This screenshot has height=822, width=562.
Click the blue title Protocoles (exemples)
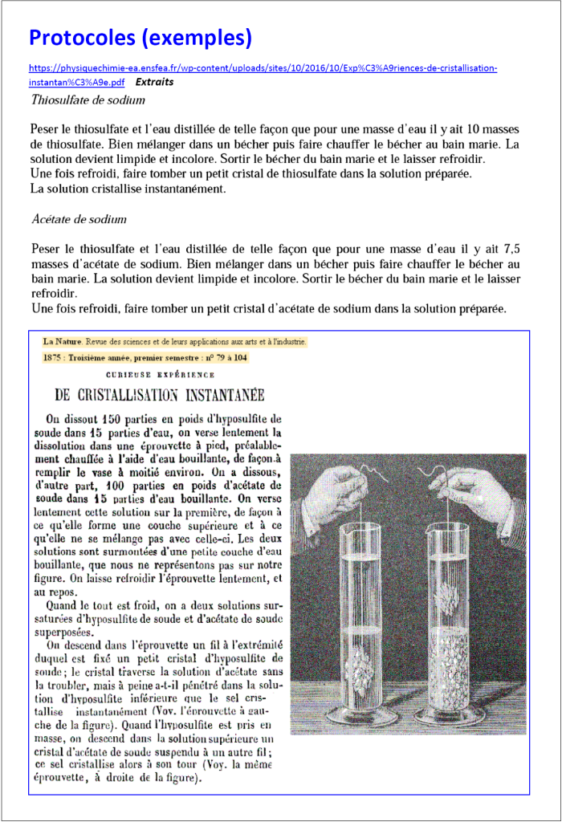coord(140,37)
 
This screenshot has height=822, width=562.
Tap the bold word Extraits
coord(155,82)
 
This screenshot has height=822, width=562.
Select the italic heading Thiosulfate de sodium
coord(88,100)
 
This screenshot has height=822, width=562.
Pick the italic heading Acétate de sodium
coord(79,219)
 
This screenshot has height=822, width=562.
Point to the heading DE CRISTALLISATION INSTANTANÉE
coord(159,395)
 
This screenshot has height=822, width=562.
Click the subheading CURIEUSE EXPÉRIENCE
coord(159,374)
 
